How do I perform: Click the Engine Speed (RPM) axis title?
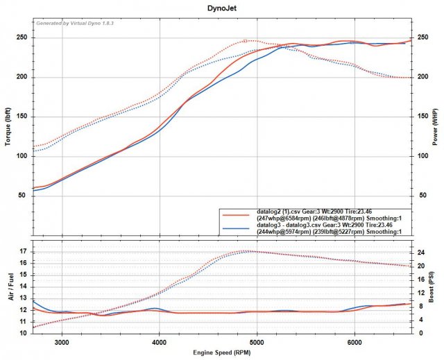coord(221,352)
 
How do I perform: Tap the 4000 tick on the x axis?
coord(160,342)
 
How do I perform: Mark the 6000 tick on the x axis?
coord(355,342)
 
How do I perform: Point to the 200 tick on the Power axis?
coord(420,77)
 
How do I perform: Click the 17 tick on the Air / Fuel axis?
coord(24,251)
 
